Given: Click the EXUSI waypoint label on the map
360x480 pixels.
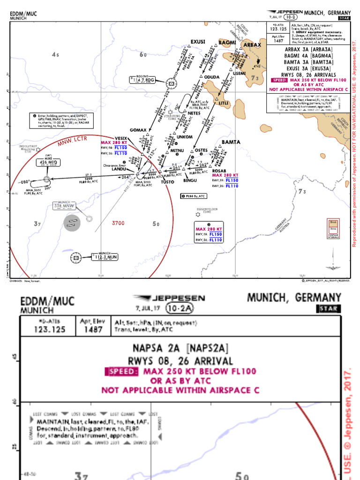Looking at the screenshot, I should tap(198, 42).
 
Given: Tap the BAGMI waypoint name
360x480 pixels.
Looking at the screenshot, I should tap(227, 43).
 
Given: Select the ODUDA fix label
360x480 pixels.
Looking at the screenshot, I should tap(212, 77).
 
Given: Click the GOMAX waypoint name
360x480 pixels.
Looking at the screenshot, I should tap(138, 130).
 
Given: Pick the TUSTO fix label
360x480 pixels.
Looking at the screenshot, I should tap(167, 182).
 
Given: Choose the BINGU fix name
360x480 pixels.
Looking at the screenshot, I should tap(190, 180).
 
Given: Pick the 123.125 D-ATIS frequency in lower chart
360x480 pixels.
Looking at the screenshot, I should tap(47, 330).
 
